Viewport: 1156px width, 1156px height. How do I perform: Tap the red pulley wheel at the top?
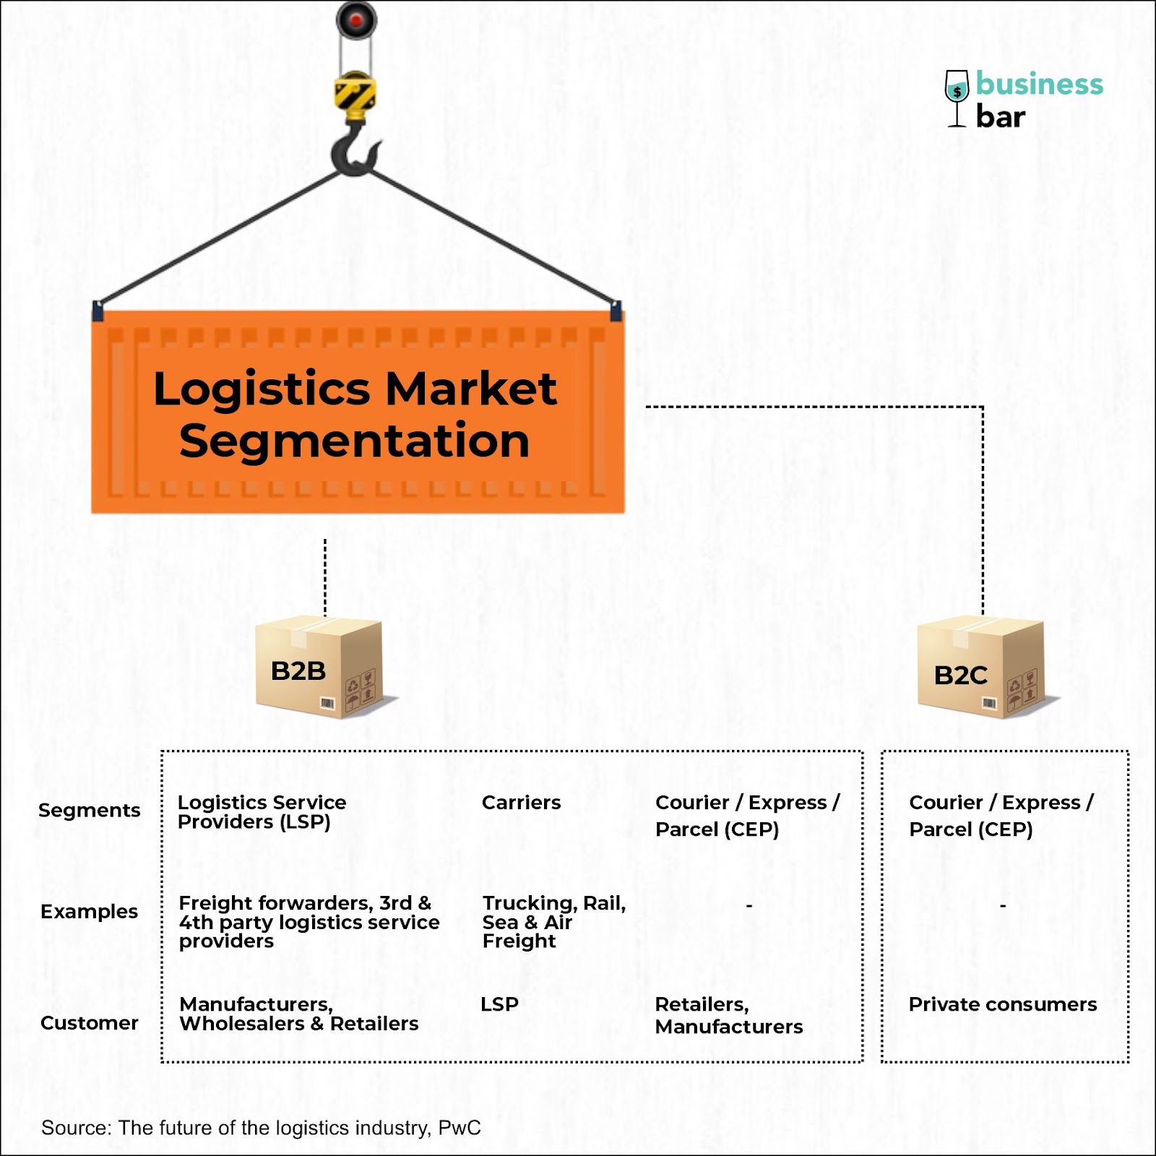[x=356, y=21]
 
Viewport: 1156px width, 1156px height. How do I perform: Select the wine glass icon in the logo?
[x=957, y=98]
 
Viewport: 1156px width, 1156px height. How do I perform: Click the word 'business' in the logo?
[x=1039, y=84]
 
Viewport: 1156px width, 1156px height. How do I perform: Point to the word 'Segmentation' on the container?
[x=354, y=441]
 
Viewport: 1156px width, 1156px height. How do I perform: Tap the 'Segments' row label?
[x=89, y=811]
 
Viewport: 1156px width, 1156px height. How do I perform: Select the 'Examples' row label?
[x=89, y=912]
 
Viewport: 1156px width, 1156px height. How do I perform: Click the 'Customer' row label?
[x=89, y=1023]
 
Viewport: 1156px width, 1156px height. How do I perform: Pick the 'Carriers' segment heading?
[x=521, y=803]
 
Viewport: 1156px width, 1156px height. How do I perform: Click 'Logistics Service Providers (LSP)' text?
[x=262, y=812]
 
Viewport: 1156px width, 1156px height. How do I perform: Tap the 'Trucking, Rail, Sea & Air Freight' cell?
[x=553, y=922]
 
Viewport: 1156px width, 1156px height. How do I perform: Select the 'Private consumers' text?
[x=1002, y=1004]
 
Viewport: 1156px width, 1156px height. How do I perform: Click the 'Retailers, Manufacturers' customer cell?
[x=728, y=1015]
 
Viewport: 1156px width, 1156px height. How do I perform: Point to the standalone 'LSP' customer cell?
[x=499, y=1004]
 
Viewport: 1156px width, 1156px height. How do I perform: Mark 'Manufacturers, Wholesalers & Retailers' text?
[x=298, y=1014]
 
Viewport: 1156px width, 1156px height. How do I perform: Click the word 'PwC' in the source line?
[x=460, y=1128]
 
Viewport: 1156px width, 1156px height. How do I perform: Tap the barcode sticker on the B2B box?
[x=327, y=704]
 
